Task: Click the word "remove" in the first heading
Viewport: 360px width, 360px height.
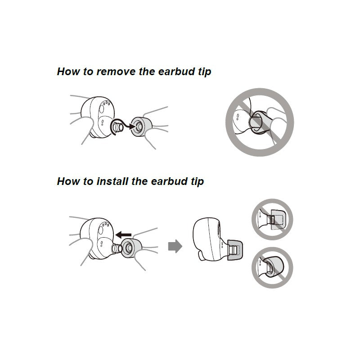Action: click(x=116, y=72)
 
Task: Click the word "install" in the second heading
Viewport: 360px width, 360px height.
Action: click(x=112, y=181)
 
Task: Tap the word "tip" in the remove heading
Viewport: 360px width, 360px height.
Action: click(x=204, y=72)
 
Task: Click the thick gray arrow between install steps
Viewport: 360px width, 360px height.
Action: click(x=175, y=246)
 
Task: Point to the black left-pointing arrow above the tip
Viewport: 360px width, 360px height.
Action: click(x=123, y=234)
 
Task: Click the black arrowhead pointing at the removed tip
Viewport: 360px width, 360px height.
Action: click(x=132, y=126)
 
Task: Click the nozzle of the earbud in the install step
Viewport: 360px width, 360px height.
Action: click(x=117, y=248)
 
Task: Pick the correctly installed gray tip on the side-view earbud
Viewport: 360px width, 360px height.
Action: click(x=234, y=250)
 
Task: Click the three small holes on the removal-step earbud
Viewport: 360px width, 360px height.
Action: click(x=106, y=103)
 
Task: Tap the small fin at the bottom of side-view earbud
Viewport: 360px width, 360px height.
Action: click(x=202, y=256)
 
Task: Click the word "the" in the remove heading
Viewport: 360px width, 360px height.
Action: click(x=147, y=72)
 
